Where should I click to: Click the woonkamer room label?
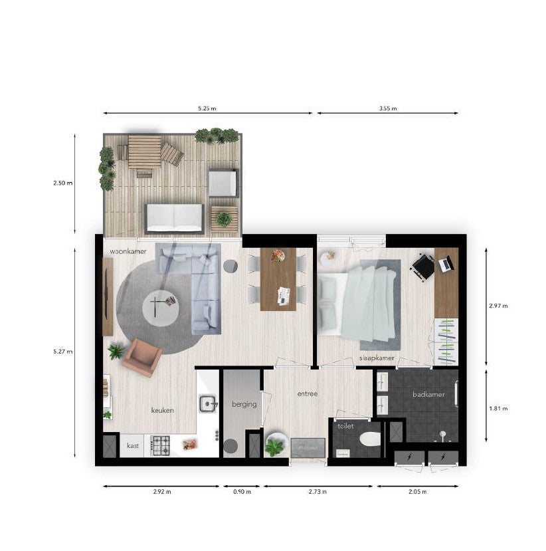[x=128, y=251]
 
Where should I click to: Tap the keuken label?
[x=162, y=410]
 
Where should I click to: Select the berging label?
[x=244, y=405]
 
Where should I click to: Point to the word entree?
[x=308, y=394]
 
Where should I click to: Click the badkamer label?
[x=428, y=394]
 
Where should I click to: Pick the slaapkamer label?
[x=377, y=358]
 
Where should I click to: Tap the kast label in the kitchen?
[x=133, y=445]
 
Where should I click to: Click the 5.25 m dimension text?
[x=207, y=108]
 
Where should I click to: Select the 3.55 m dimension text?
[x=388, y=108]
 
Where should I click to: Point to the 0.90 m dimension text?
[x=242, y=492]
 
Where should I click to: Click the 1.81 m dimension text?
[x=498, y=408]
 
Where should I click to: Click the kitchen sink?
[x=209, y=403]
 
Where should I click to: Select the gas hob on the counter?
[x=160, y=445]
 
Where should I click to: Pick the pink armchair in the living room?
[x=142, y=357]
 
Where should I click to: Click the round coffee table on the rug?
[x=161, y=308]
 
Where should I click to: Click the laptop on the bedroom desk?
[x=446, y=265]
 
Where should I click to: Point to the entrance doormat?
[x=308, y=448]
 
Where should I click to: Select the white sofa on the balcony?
[x=174, y=218]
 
